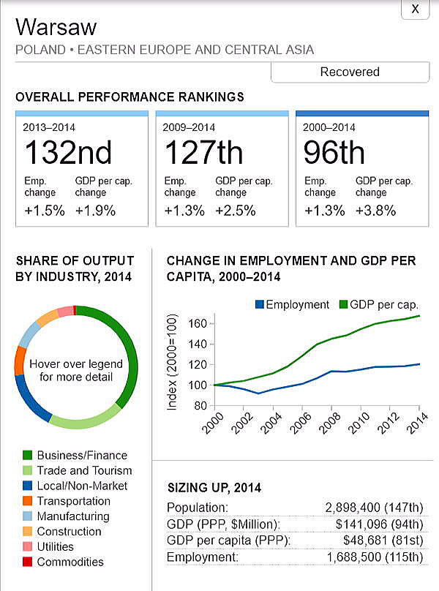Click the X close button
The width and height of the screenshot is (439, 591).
pos(416,9)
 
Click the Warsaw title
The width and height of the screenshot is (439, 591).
pos(56,27)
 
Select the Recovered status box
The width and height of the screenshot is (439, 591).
pos(350,72)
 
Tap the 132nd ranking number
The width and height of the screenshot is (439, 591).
pos(68,153)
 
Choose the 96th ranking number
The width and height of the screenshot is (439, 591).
pos(334,153)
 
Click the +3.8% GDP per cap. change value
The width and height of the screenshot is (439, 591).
pos(375,211)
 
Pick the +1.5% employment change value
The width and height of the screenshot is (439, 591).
pos(44,211)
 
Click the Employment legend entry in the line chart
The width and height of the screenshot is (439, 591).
pos(292,305)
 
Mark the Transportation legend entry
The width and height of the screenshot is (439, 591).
pos(73,501)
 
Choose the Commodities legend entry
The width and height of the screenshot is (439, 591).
pos(70,562)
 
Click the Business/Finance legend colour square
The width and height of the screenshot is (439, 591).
pos(28,455)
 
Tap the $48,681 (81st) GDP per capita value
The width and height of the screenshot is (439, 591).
pos(383,541)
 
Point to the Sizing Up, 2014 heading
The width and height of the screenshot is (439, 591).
pos(214,488)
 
